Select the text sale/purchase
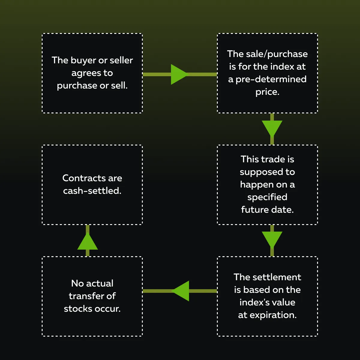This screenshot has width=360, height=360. [x=277, y=54]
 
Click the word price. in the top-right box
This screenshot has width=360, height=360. [x=267, y=92]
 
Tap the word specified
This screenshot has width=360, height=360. [x=267, y=197]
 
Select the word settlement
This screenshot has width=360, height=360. [x=277, y=277]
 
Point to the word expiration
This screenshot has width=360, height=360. [x=273, y=315]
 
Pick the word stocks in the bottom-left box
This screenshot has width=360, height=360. [x=78, y=309]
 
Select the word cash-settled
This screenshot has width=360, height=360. [x=92, y=191]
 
